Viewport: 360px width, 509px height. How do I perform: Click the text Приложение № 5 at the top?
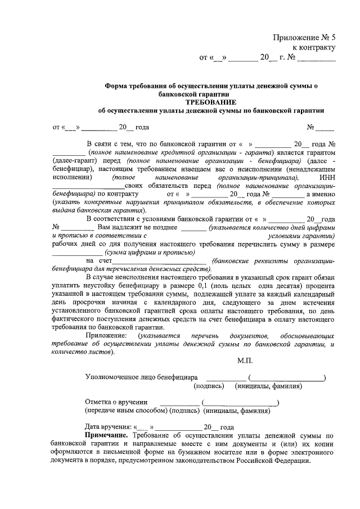304,37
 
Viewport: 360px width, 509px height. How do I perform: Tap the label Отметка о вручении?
116,402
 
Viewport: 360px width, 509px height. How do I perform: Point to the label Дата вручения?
109,427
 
